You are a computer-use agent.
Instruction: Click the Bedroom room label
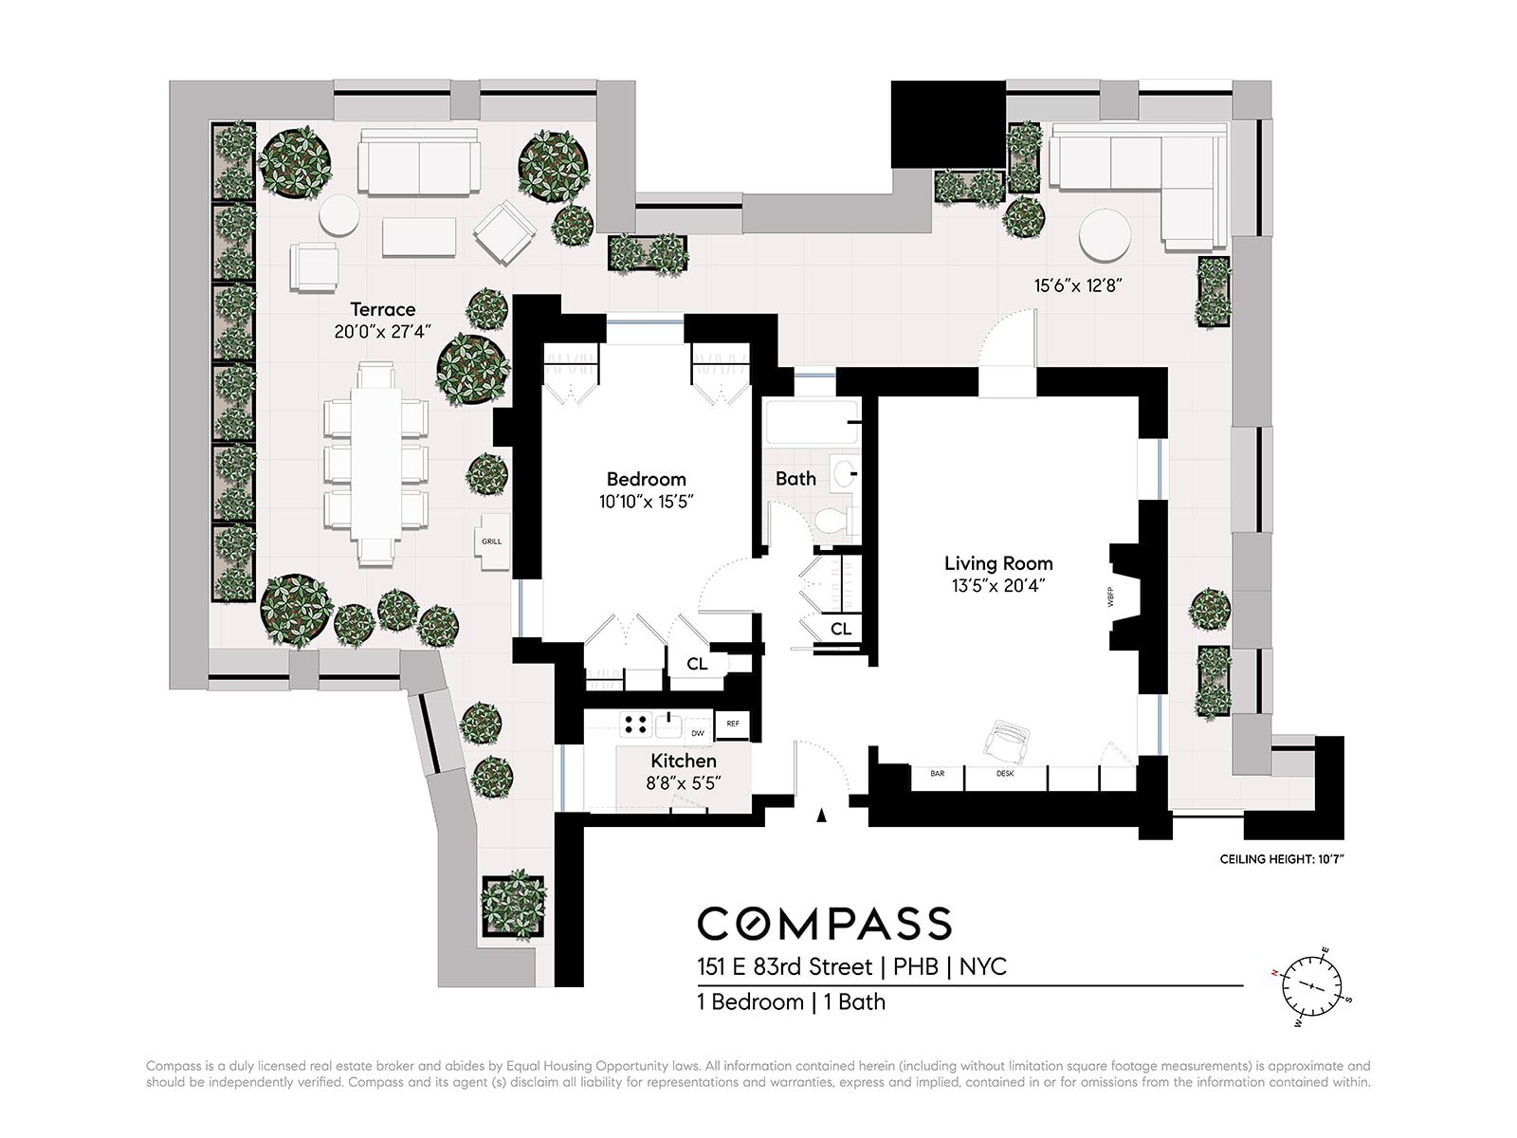pos(646,479)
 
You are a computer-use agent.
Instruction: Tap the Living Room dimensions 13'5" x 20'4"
pos(997,586)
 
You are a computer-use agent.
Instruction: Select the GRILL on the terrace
pos(492,541)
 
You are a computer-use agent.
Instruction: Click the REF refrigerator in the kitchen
pos(733,725)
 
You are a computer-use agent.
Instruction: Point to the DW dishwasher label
pos(697,733)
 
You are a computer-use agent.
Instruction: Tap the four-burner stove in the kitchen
pos(635,725)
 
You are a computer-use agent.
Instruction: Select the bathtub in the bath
pos(812,421)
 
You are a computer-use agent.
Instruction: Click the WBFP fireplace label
pos(1110,597)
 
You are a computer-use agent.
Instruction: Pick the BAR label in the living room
pos(937,773)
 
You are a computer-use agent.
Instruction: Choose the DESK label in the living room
pos(1005,773)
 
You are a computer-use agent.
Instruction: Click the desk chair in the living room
pos(1006,742)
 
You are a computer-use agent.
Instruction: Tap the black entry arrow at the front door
pos(821,816)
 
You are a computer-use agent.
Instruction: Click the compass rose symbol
pos(1311,986)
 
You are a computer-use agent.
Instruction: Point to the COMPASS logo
pos(825,923)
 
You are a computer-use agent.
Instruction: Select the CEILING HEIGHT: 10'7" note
pos(1281,859)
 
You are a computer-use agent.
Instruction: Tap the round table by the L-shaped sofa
pos(1106,235)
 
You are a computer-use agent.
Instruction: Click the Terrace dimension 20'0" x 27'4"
pos(382,332)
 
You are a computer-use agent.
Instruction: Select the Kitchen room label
pos(683,761)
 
